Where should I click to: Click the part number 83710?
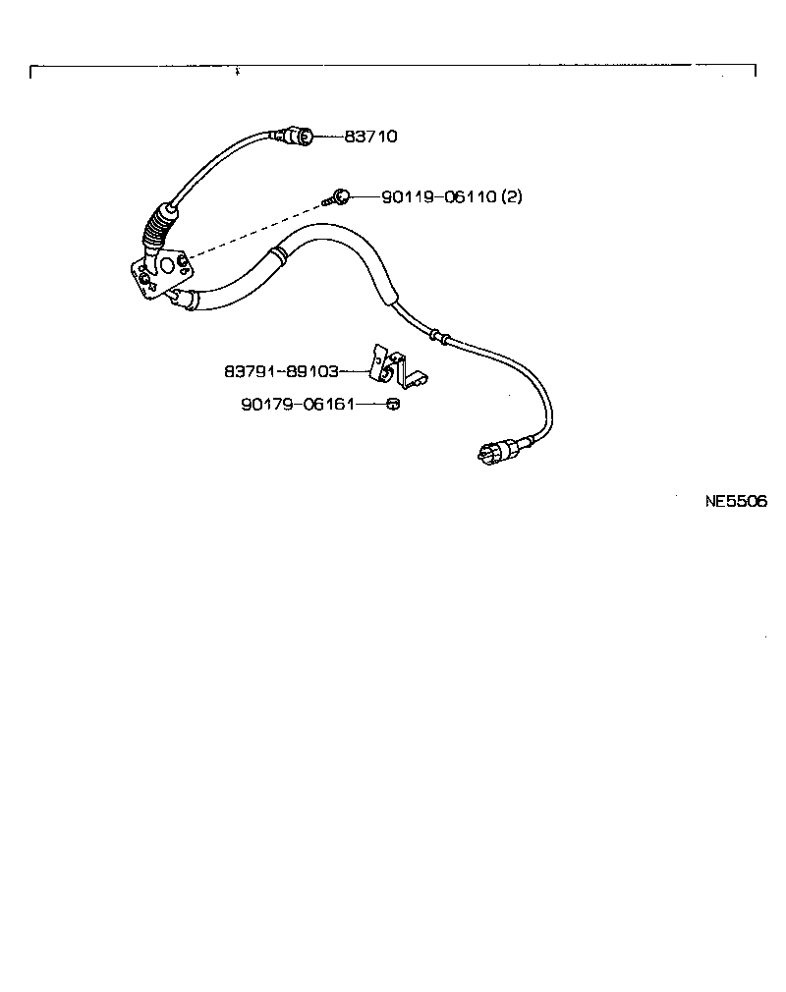[x=370, y=137]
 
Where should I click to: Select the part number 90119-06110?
[x=439, y=196]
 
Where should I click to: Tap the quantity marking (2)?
[x=512, y=196]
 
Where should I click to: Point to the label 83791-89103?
[x=281, y=372]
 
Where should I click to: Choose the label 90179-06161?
[x=297, y=404]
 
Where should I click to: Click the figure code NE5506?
[x=736, y=500]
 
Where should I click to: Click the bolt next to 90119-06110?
[x=338, y=197]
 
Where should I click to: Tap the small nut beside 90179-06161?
[x=391, y=404]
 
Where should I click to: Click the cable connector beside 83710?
[x=297, y=136]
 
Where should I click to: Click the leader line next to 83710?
[x=328, y=137]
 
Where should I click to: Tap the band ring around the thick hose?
[x=278, y=257]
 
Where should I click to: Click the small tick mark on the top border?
[x=238, y=72]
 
